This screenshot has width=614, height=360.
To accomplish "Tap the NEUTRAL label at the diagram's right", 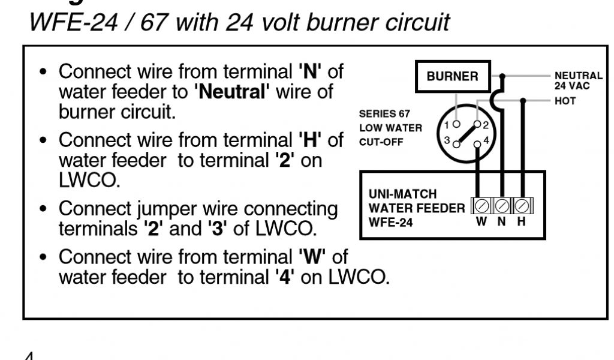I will tap(578, 76).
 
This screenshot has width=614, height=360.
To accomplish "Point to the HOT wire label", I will tap(565, 101).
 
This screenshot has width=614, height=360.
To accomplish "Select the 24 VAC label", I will tap(571, 85).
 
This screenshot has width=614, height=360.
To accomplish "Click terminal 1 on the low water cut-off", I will tap(456, 124).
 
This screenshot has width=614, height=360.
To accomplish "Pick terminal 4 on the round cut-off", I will tap(477, 143).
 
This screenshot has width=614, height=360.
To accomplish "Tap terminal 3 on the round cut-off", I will tap(456, 143).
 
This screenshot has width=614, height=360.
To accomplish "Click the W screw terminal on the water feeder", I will tap(481, 206).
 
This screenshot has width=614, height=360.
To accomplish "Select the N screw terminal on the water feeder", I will tap(502, 206).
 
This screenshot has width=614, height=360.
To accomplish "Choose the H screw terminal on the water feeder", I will tap(522, 206).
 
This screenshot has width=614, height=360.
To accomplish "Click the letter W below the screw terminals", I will tap(481, 221).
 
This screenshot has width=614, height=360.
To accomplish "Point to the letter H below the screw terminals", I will tap(522, 221).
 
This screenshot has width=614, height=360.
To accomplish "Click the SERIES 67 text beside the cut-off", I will tap(384, 114).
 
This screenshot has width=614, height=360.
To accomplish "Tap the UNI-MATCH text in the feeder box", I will tap(402, 194).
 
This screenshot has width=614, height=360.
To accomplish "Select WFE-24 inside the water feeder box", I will tap(390, 221).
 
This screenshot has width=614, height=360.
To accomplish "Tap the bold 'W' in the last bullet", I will tap(311, 257).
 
